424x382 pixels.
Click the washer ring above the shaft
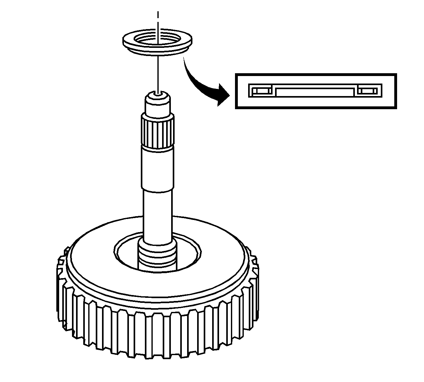[128, 40]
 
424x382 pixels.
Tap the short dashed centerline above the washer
[158, 15]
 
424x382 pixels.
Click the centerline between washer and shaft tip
[159, 72]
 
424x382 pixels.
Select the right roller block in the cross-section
[367, 91]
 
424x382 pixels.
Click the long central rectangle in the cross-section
[315, 92]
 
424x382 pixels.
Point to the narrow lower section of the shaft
[158, 213]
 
